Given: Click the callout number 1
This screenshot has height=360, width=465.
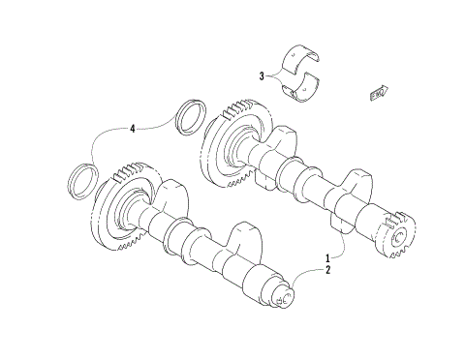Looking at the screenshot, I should coord(327,258).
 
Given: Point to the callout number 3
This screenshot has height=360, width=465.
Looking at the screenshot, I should coord(262,75).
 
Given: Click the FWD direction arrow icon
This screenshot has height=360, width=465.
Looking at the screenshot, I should coord(378,93).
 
